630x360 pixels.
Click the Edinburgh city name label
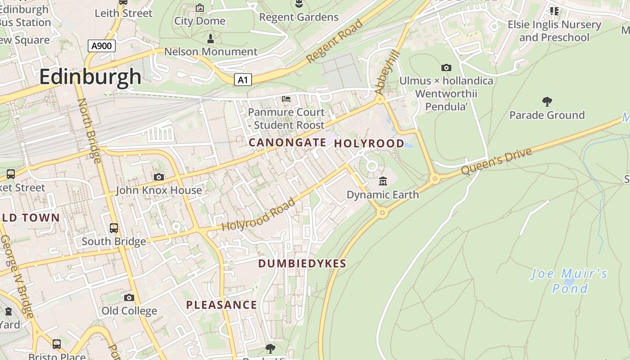point(90,76)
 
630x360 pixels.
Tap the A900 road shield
point(101,45)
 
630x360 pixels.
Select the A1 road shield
point(243,80)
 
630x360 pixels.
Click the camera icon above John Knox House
point(158,177)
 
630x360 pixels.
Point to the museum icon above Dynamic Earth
point(383,181)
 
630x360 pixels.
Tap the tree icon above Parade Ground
point(547,101)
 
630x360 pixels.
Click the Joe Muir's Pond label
point(570,281)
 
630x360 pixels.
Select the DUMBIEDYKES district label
point(302,264)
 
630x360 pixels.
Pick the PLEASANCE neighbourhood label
point(221,305)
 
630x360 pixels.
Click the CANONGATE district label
point(287,143)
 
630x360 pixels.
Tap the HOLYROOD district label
point(369,144)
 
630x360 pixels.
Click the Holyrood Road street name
point(259,215)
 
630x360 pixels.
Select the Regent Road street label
point(334,41)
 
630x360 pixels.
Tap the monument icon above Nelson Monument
point(210,39)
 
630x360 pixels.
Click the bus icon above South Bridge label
point(114,228)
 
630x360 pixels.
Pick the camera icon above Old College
point(129,297)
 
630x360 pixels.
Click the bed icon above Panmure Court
point(286,99)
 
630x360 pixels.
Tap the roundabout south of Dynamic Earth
point(382,212)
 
